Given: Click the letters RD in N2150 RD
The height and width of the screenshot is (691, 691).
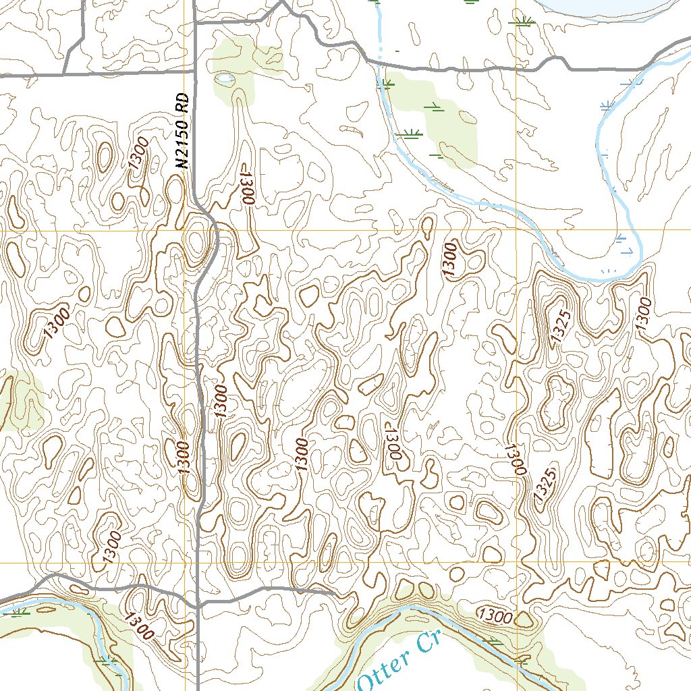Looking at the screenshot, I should click(x=181, y=107).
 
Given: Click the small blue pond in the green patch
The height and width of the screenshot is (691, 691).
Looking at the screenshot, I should click(x=225, y=79).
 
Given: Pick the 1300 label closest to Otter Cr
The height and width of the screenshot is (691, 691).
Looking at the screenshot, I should click(x=495, y=615).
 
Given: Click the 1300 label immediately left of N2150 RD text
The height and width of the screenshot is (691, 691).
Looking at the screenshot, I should click(x=139, y=153).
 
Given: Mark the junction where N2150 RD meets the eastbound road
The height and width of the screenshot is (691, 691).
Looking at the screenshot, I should click(x=194, y=23).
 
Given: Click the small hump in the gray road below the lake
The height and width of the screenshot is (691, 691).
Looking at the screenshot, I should click(x=557, y=61).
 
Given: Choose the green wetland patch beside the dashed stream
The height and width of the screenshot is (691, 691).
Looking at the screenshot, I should click(x=432, y=121).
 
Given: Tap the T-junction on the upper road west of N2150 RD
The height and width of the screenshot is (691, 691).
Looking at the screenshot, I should click(x=65, y=75).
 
